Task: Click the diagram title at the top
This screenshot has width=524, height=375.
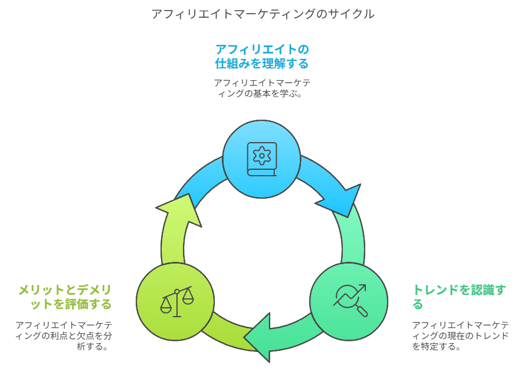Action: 262,14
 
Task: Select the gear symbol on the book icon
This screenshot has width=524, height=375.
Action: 261,155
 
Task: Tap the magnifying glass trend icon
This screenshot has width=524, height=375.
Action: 350,300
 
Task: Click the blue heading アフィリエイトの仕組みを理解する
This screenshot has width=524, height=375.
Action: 261,56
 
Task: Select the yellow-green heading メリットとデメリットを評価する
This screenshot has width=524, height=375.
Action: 65,297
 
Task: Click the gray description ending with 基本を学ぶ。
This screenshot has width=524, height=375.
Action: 261,88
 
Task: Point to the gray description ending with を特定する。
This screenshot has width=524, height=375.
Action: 460,335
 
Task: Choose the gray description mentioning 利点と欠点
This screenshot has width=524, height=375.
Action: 64,335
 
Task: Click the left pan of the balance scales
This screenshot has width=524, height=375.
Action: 166,308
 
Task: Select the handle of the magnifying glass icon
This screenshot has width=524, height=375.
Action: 362,311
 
